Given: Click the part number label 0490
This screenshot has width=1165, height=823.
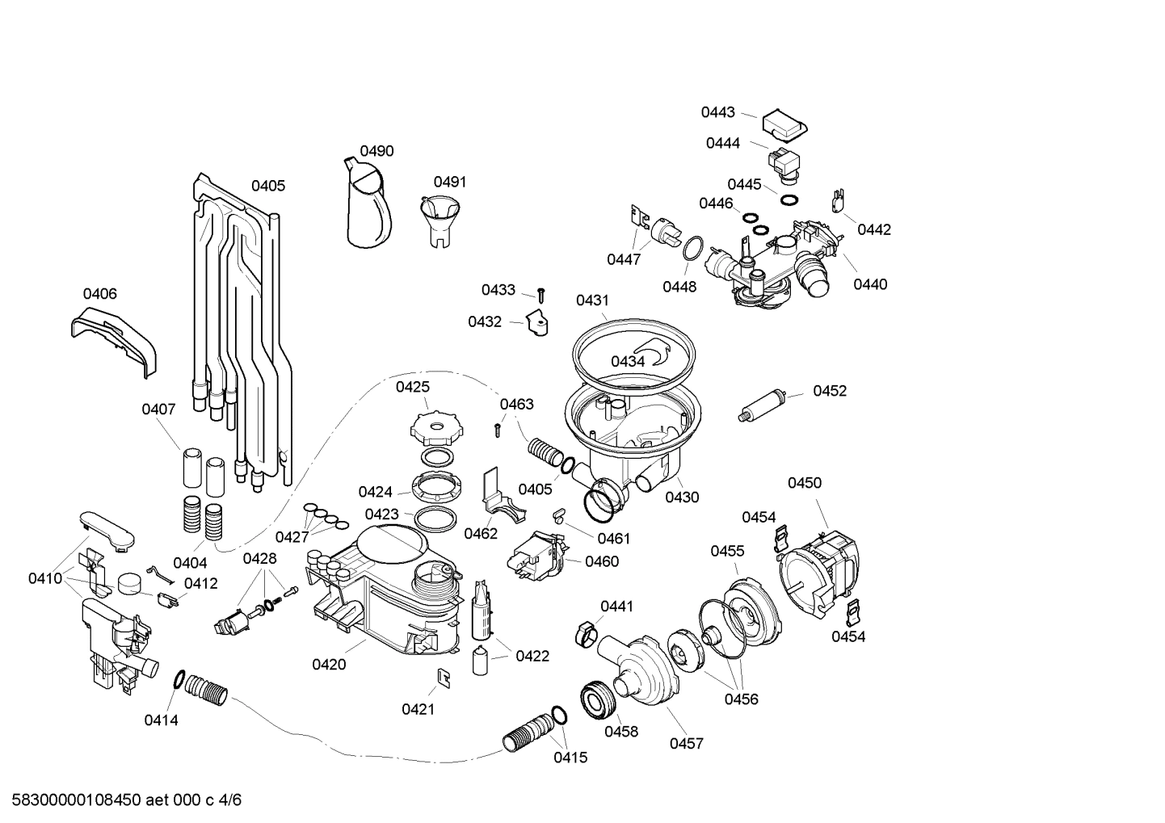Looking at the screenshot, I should pyautogui.click(x=376, y=151).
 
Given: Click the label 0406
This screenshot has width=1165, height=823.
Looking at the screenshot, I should pyautogui.click(x=100, y=294).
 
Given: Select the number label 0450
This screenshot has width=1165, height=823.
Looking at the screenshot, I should pyautogui.click(x=805, y=483).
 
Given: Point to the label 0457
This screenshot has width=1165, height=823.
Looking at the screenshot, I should pyautogui.click(x=686, y=743).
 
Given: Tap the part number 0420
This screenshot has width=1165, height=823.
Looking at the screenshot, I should pyautogui.click(x=329, y=665).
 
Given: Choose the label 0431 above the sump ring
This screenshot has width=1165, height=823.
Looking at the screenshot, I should pyautogui.click(x=592, y=300).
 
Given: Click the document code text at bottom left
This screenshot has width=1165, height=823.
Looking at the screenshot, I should pyautogui.click(x=121, y=800).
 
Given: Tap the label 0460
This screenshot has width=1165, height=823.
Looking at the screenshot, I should pyautogui.click(x=602, y=561).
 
